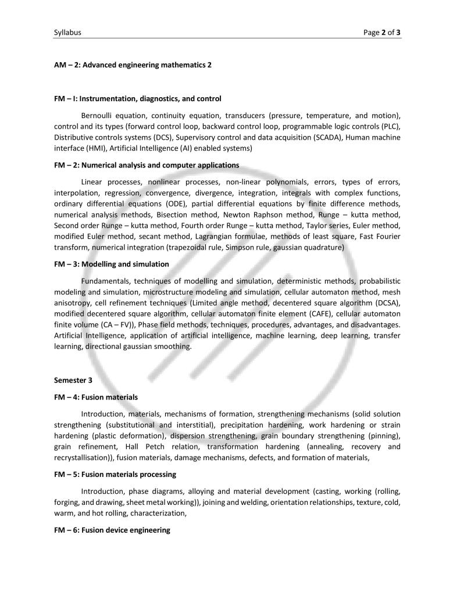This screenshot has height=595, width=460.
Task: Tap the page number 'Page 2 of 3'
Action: pyautogui.click(x=381, y=33)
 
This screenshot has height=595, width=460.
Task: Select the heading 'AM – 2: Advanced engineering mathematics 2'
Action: pyautogui.click(x=133, y=65)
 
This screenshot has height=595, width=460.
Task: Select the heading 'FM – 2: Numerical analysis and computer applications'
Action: pyautogui.click(x=147, y=165)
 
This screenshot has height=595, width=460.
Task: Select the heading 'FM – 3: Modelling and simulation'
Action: pyautogui.click(x=112, y=264)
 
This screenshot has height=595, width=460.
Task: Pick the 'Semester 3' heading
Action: pyautogui.click(x=73, y=380)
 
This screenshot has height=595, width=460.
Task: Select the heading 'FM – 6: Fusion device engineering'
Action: pyautogui.click(x=112, y=530)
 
